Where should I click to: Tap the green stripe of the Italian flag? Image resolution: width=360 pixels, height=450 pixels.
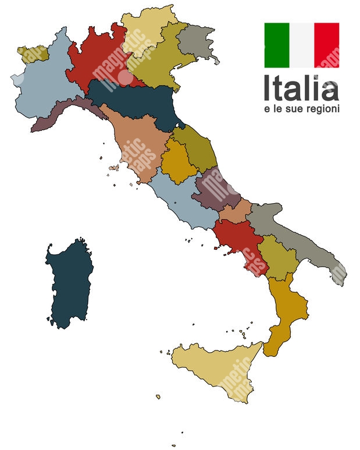click(x=277, y=45)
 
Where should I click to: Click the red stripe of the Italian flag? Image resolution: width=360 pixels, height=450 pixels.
click(x=326, y=45)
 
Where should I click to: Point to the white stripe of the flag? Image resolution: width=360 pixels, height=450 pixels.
click(x=302, y=45)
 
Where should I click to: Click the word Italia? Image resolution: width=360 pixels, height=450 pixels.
click(x=300, y=88)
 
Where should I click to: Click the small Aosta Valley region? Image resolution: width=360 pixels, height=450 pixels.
click(x=32, y=53)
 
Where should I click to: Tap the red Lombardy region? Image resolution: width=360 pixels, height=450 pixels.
click(x=96, y=58)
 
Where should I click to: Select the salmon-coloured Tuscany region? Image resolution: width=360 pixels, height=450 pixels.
click(x=137, y=146)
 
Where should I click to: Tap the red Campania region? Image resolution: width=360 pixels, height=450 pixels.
click(x=241, y=242)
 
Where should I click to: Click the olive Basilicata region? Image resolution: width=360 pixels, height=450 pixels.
click(x=276, y=256)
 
